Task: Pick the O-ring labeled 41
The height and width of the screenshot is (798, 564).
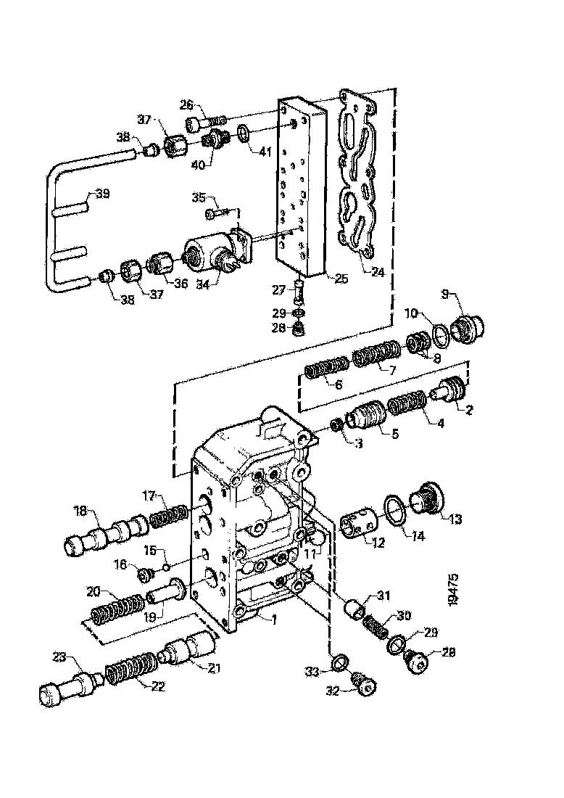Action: [245, 133]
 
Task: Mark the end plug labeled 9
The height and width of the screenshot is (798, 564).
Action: [468, 330]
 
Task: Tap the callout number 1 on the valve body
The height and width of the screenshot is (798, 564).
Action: [273, 619]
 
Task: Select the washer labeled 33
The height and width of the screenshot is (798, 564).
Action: [339, 661]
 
